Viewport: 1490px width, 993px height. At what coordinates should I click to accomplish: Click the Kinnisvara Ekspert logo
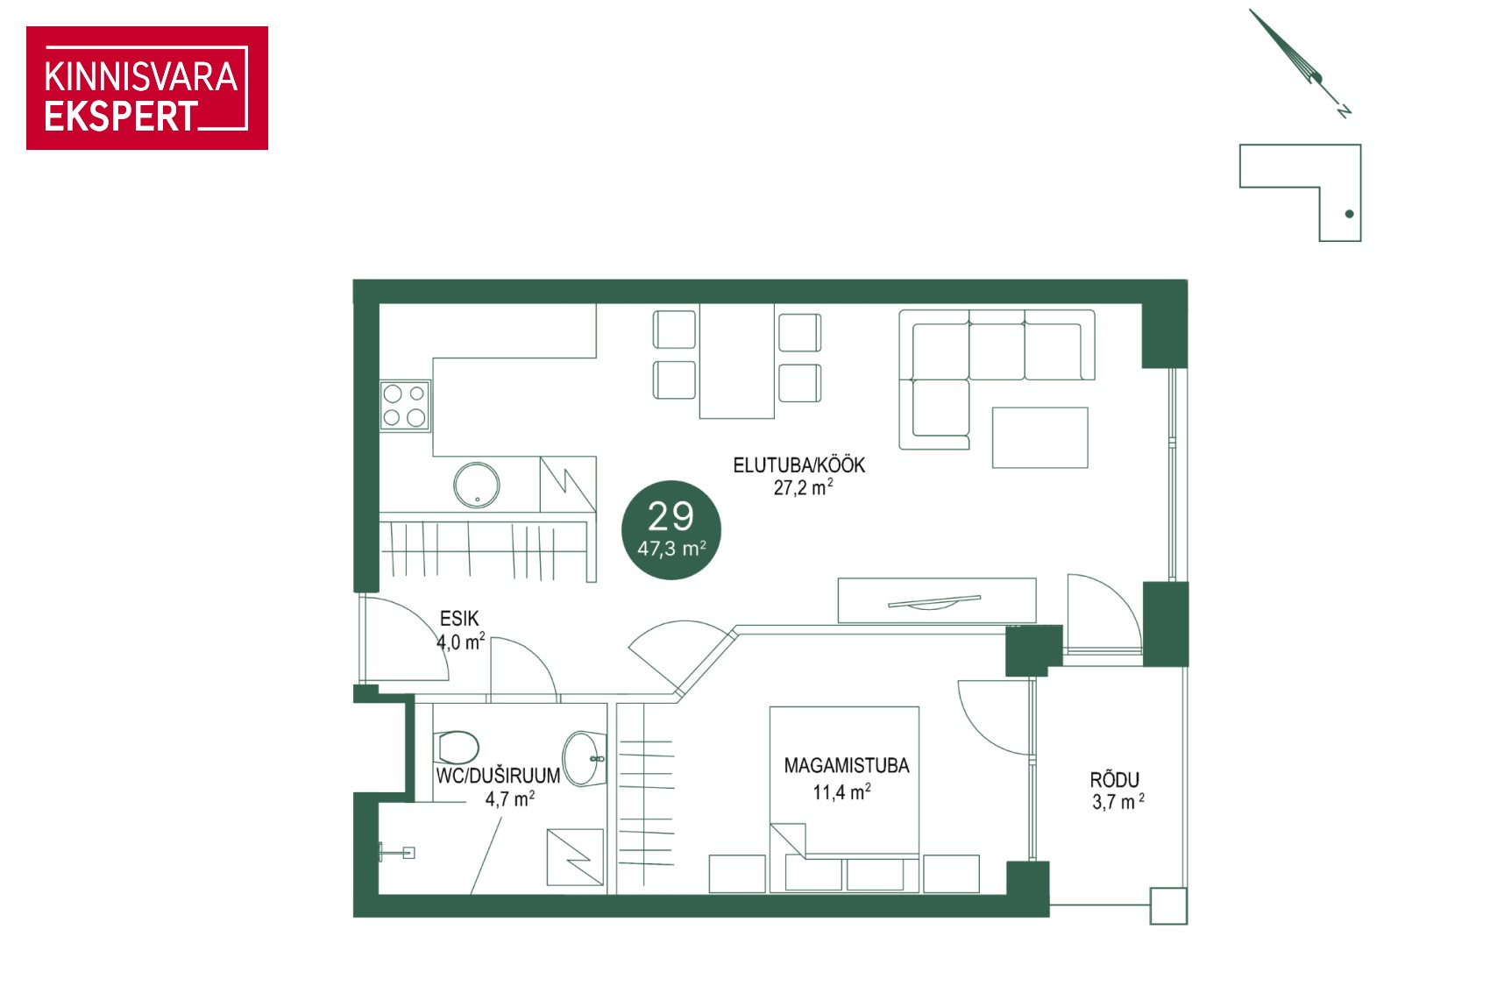coord(147,88)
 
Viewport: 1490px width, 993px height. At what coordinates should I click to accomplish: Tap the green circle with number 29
coord(671,530)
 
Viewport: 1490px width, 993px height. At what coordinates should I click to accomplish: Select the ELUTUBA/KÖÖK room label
coord(798,465)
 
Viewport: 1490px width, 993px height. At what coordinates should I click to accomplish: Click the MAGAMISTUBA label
coord(846,765)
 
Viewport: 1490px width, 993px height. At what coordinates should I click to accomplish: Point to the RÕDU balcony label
coord(1114,779)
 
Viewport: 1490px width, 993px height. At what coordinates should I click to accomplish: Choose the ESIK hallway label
coord(459,619)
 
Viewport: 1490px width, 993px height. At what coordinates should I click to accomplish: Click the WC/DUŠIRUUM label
coord(498,776)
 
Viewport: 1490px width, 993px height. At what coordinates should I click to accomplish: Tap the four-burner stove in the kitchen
coord(405,406)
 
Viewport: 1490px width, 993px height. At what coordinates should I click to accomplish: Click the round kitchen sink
coord(476,486)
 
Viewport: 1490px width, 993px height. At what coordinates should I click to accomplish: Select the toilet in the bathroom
coord(456,748)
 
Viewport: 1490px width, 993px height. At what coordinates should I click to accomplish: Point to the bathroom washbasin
coord(584,759)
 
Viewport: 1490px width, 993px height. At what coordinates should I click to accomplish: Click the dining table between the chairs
coord(736,361)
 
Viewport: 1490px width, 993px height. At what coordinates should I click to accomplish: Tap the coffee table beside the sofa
coord(1039,437)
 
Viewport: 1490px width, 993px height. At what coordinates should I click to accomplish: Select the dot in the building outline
coord(1349,214)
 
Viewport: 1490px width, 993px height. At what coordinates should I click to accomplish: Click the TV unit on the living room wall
coord(937,600)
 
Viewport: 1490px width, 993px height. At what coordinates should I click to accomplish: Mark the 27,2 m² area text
coord(803,488)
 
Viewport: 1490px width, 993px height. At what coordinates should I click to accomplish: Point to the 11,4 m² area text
coord(841,792)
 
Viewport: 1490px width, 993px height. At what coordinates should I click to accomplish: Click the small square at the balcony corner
coord(1168,906)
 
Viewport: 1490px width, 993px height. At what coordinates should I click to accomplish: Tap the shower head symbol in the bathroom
coord(397,852)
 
